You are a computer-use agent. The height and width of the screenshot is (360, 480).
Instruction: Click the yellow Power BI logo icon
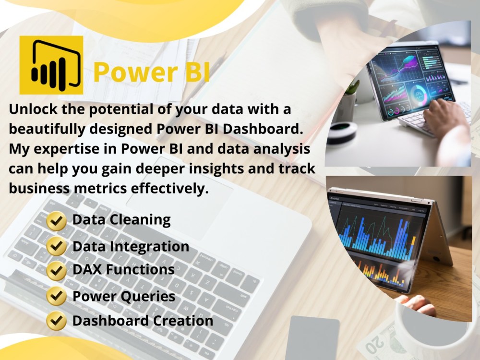tap(51, 65)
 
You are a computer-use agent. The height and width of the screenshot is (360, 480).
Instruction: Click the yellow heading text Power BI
tap(151, 71)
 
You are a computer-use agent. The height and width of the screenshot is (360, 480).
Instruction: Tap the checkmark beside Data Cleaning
tap(57, 221)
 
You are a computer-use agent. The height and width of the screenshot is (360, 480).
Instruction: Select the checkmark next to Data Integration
tap(57, 247)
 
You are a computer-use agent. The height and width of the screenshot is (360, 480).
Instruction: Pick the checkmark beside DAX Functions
tap(57, 270)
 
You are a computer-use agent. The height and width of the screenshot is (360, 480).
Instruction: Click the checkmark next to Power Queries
tap(57, 296)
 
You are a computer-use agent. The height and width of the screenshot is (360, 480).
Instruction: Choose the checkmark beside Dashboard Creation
tap(57, 320)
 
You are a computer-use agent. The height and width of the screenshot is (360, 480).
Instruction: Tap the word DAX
tap(87, 270)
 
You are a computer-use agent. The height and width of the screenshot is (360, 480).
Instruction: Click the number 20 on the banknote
tap(374, 344)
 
